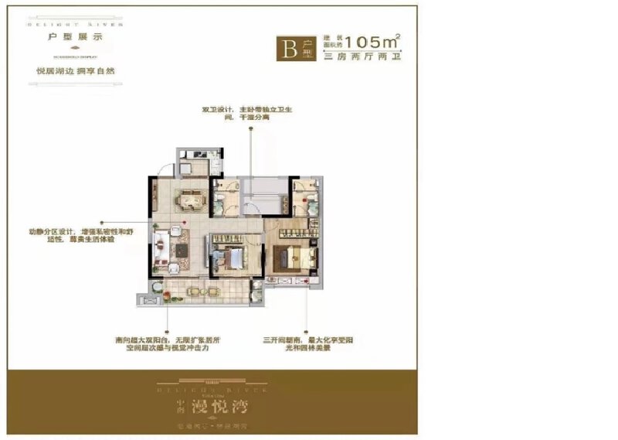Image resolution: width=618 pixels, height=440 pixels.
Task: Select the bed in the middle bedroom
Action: [x=229, y=258]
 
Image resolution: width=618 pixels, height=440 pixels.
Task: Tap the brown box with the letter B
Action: [x=292, y=49]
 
